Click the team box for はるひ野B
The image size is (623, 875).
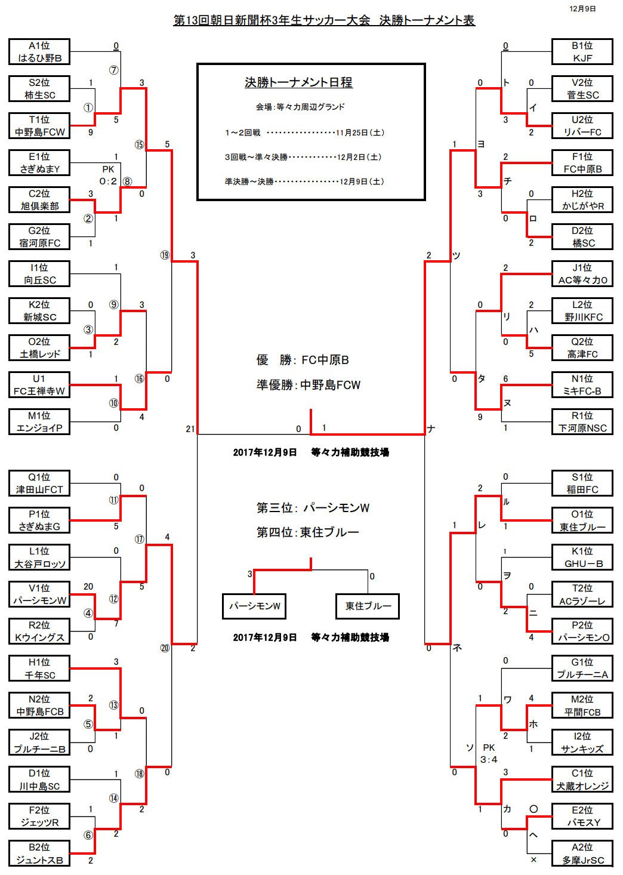[x=39, y=52]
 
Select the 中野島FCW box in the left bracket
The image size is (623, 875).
[x=39, y=126]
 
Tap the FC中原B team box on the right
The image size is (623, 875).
[x=582, y=163]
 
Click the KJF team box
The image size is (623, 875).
[x=582, y=52]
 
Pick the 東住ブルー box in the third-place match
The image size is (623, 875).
[x=368, y=606]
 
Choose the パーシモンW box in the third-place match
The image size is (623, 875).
[x=254, y=606]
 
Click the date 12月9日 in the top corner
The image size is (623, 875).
[x=582, y=9]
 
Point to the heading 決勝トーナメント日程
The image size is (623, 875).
[x=298, y=82]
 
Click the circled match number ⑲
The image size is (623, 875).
[x=165, y=255]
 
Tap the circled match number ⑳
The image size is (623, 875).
[x=165, y=648]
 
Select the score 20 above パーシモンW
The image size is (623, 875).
[x=88, y=587]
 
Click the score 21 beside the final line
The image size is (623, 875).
[x=190, y=429]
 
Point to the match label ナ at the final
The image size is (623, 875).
[x=431, y=429]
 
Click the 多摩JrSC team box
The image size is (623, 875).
[x=582, y=854]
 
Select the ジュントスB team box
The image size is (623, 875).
[x=39, y=854]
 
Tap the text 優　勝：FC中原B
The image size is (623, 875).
[x=303, y=360]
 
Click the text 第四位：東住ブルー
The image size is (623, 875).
[x=308, y=532]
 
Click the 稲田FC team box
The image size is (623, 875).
[x=582, y=483]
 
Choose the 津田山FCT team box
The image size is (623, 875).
[x=39, y=483]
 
